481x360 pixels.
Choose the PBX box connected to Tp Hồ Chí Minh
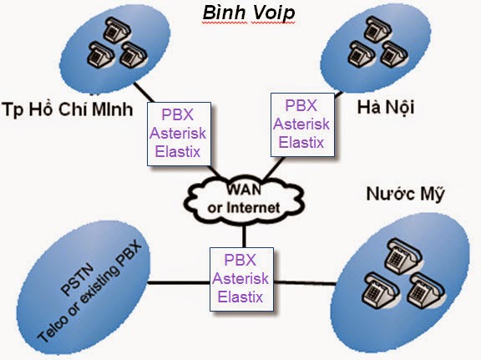[179, 134]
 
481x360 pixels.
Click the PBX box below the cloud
[242, 276]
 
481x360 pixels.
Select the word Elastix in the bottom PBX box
[242, 295]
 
